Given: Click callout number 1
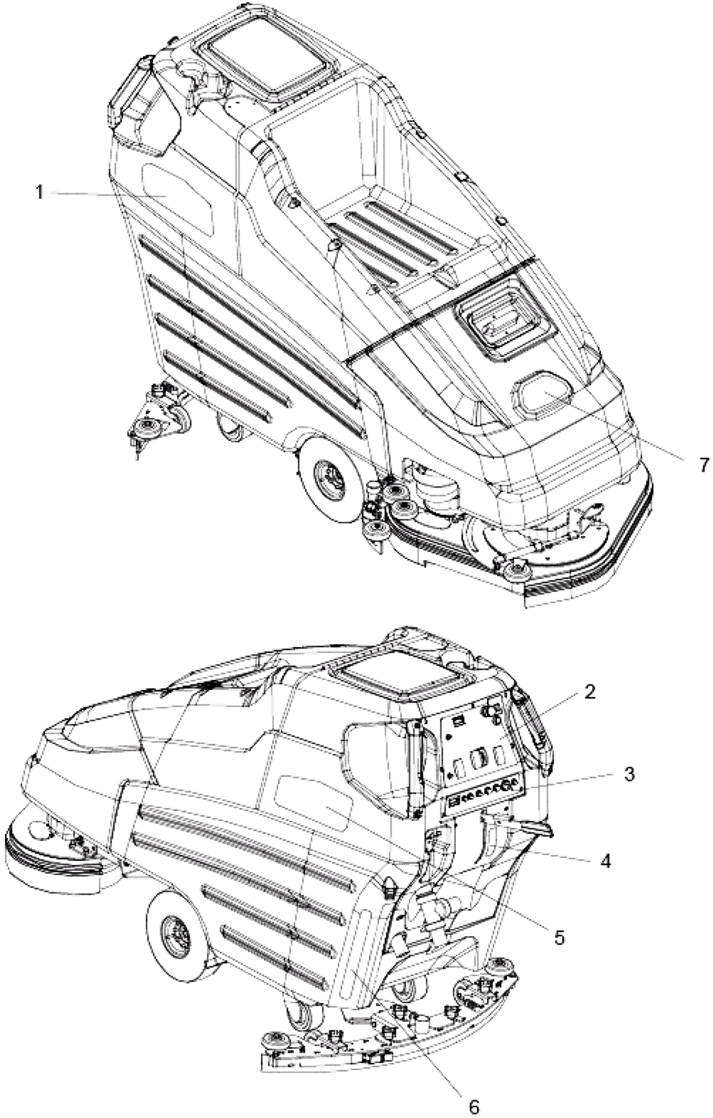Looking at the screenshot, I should [40, 192].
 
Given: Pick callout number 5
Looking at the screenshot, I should [560, 937].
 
